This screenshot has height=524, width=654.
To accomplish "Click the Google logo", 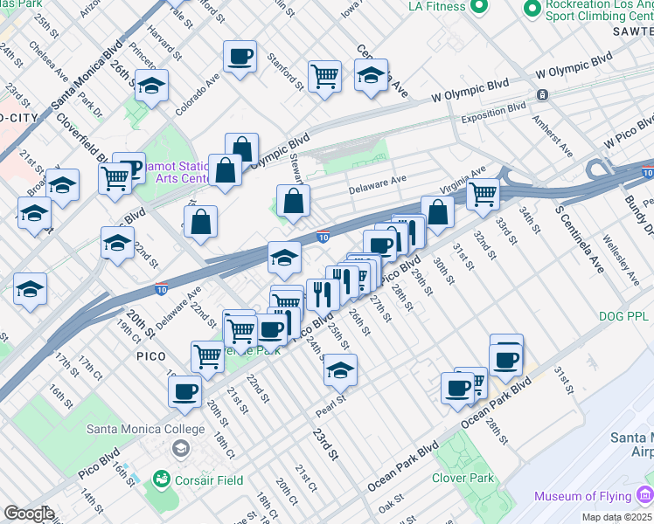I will point(29,514).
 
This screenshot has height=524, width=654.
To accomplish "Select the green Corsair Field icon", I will point(161,479).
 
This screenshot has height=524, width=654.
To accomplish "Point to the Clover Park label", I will point(463,478).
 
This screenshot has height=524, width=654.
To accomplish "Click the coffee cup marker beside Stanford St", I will point(240,58).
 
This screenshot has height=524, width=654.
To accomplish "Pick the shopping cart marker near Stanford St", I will point(324,75).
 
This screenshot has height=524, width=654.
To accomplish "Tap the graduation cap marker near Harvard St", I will point(152,86).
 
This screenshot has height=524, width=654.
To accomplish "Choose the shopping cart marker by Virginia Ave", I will point(483,192).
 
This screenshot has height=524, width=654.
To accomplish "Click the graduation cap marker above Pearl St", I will point(340,370).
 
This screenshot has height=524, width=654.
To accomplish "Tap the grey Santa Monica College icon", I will point(180,449).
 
